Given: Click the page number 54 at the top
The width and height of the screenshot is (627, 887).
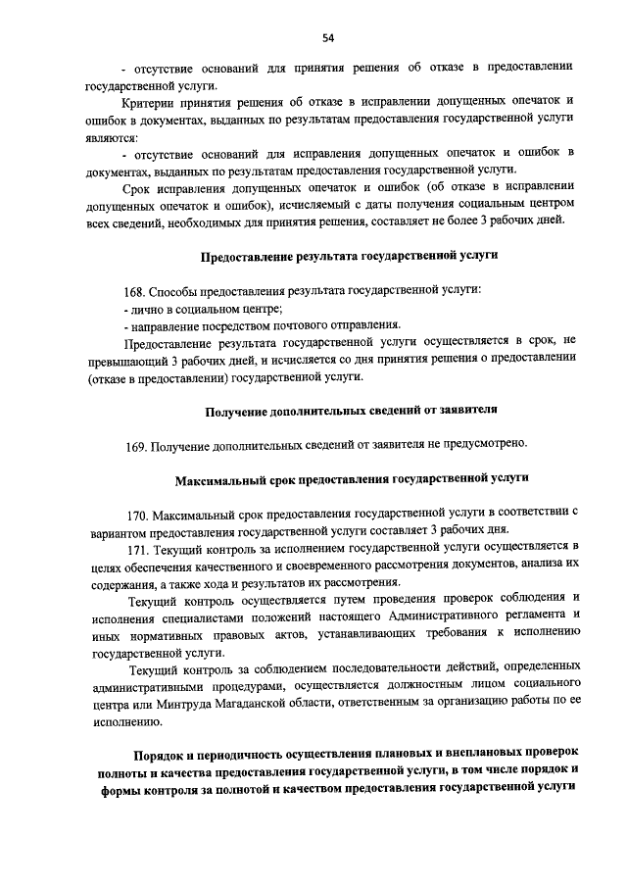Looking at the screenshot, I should (x=328, y=38).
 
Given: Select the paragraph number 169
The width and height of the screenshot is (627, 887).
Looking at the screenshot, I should (x=136, y=446).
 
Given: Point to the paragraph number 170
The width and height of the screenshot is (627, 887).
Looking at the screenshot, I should (x=138, y=513).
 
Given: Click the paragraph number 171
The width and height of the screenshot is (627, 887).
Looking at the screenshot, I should (x=138, y=546).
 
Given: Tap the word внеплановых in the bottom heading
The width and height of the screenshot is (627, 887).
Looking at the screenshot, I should (x=472, y=754).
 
